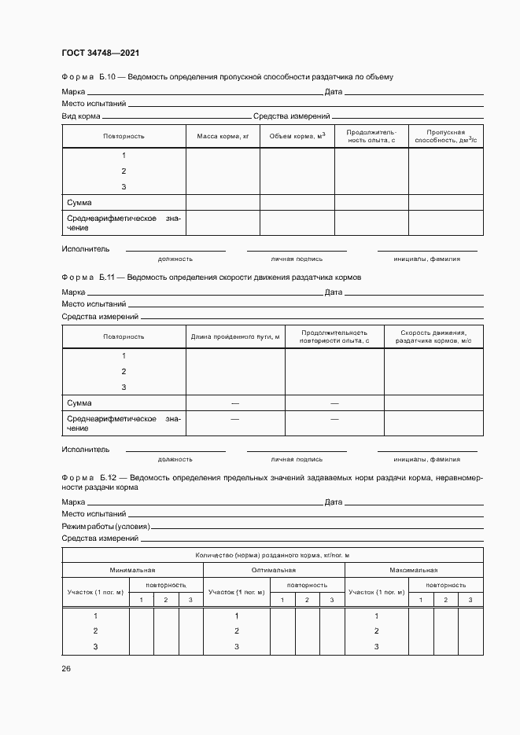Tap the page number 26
pyautogui.click(x=66, y=668)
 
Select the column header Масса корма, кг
pyautogui.click(x=223, y=137)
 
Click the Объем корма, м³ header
pyautogui.click(x=297, y=137)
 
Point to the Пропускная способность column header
pyautogui.click(x=446, y=136)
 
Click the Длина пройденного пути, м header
pyautogui.click(x=235, y=336)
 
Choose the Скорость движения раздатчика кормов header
pyautogui.click(x=433, y=336)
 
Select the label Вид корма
pyautogui.click(x=81, y=116)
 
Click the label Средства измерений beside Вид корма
pyautogui.click(x=286, y=116)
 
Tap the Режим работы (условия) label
pyautogui.click(x=106, y=525)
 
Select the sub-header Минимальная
pyautogui.click(x=132, y=570)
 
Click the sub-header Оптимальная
pyautogui.click(x=274, y=570)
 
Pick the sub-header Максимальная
pyautogui.click(x=414, y=570)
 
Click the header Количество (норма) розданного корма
pyautogui.click(x=272, y=555)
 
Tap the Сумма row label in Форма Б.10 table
pyautogui.click(x=79, y=203)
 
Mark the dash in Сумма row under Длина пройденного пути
pyautogui.click(x=234, y=403)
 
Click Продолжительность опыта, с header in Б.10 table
pyautogui.click(x=371, y=136)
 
